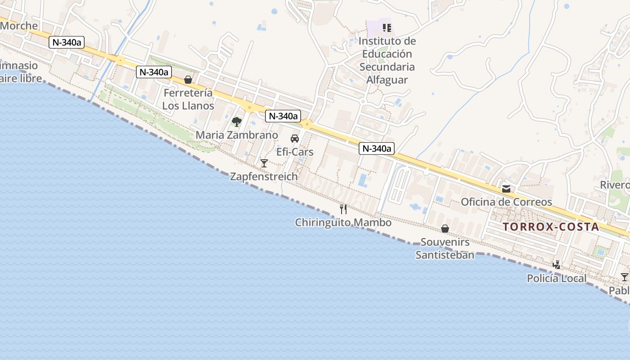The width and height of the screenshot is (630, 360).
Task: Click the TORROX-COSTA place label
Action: click(x=551, y=227)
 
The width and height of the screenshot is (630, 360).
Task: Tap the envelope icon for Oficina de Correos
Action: click(x=506, y=189)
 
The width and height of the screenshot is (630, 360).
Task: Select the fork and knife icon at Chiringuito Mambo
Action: click(x=343, y=209)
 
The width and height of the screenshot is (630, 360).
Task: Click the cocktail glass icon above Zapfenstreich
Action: click(x=264, y=163)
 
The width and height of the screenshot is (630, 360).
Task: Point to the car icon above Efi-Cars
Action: click(x=295, y=138)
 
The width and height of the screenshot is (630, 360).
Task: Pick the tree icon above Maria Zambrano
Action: click(x=236, y=121)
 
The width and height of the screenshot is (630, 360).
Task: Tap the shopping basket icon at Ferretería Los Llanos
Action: click(x=188, y=80)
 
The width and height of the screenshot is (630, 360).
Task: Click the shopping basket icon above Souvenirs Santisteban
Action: click(x=445, y=229)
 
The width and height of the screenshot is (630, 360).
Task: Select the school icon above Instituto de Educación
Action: click(x=387, y=28)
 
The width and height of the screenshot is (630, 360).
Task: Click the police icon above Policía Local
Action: click(x=557, y=265)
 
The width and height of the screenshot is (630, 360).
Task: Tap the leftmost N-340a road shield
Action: click(x=67, y=43)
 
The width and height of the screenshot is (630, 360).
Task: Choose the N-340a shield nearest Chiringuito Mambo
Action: click(x=376, y=148)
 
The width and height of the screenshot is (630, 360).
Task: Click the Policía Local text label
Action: click(x=557, y=279)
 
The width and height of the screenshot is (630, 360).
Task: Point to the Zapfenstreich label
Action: click(x=264, y=176)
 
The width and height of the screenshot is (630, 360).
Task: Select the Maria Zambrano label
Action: click(x=237, y=135)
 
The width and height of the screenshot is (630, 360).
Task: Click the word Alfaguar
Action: click(x=387, y=80)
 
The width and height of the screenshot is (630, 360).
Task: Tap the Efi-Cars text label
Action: click(x=295, y=152)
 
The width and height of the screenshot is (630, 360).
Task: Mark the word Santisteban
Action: click(x=445, y=255)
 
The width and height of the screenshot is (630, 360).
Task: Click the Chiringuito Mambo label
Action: click(x=343, y=223)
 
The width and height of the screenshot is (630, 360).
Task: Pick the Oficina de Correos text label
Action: click(x=506, y=202)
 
